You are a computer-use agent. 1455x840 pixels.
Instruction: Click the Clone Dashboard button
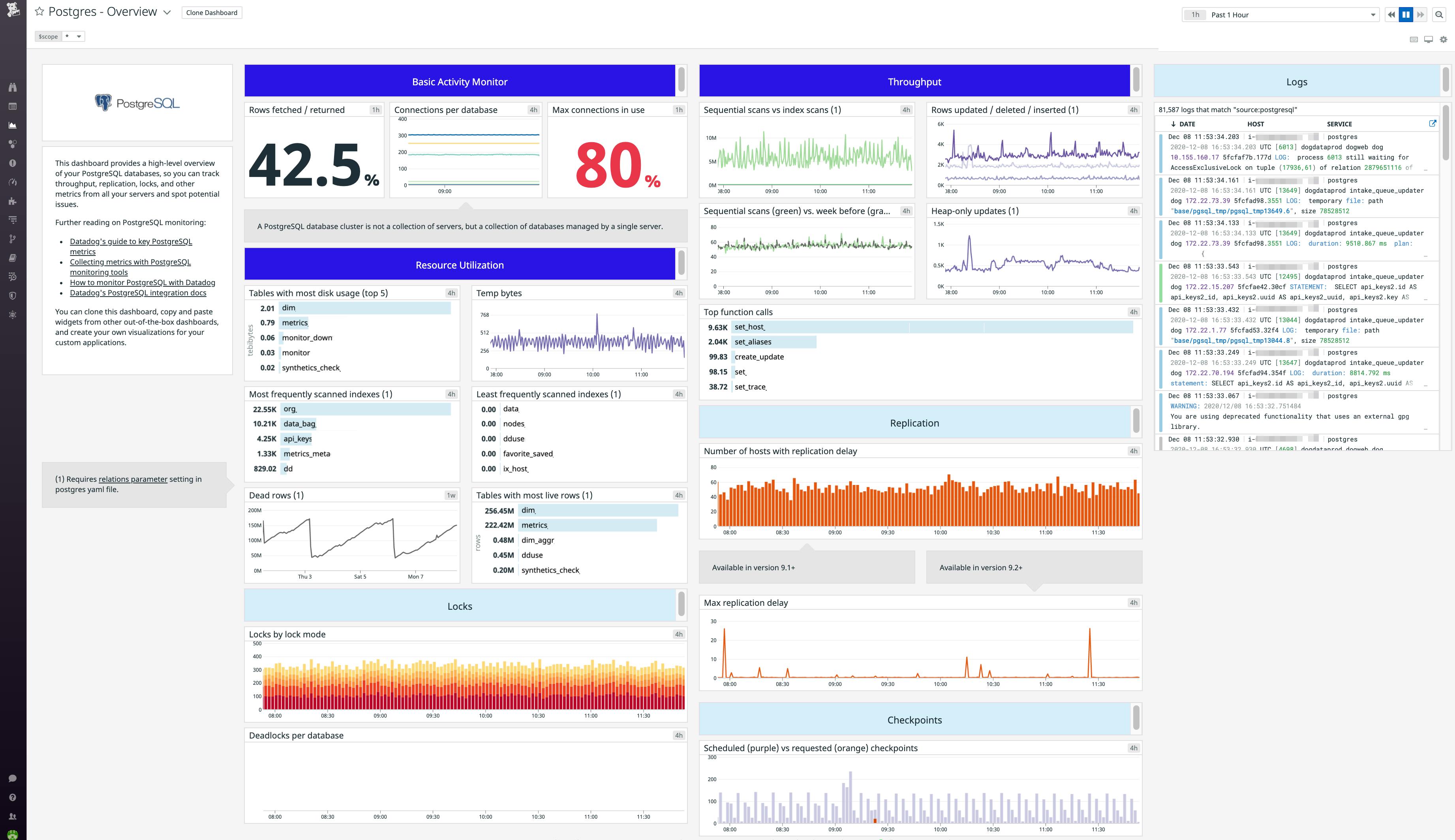pos(212,13)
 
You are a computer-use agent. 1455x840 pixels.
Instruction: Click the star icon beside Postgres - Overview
pos(39,11)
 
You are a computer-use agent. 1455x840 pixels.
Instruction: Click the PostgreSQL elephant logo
pos(103,103)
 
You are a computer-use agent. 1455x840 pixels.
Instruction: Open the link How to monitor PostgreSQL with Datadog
pos(143,283)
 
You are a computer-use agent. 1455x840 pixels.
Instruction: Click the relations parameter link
pos(133,479)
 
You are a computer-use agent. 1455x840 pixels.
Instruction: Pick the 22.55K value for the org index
pos(265,410)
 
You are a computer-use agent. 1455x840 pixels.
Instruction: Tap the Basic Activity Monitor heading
pos(460,82)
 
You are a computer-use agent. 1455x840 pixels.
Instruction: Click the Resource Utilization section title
pos(460,265)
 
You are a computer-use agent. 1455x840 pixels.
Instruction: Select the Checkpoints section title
pos(914,720)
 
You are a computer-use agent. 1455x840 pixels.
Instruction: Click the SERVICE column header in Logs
pos(1339,124)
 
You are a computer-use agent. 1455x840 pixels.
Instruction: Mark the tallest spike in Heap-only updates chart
pos(969,237)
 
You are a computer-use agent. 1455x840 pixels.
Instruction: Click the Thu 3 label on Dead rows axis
pos(304,576)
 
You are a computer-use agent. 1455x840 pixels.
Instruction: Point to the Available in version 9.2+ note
pos(980,568)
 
